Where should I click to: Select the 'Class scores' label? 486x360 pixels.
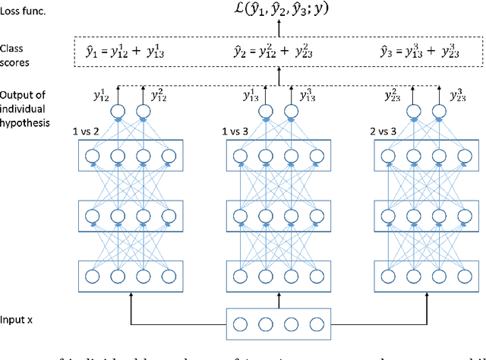(x=17, y=53)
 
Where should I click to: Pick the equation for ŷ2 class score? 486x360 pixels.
(x=278, y=52)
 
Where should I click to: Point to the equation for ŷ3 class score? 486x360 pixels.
(x=421, y=52)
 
